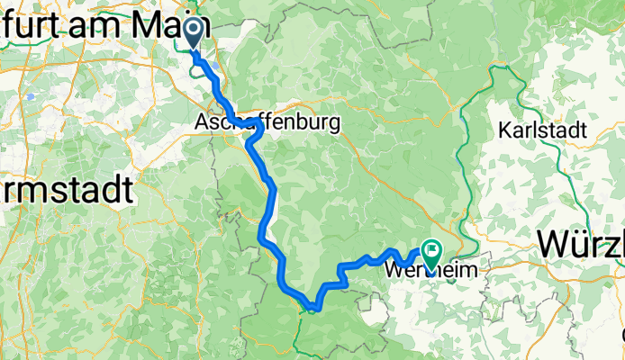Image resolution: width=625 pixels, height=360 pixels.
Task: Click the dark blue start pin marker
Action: coord(195,33)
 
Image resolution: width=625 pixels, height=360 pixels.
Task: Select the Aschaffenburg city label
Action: coord(267,122)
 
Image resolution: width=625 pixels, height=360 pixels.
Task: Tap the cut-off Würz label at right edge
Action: coord(581,243)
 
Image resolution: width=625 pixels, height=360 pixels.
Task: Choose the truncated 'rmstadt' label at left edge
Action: coord(67,190)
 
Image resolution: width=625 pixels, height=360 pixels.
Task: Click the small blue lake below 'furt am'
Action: coord(31,96)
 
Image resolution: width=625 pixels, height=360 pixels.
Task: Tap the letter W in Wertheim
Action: coord(394,269)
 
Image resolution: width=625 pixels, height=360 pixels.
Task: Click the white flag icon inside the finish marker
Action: coord(433,247)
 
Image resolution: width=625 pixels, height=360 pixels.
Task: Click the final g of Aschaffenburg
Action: coord(335,124)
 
